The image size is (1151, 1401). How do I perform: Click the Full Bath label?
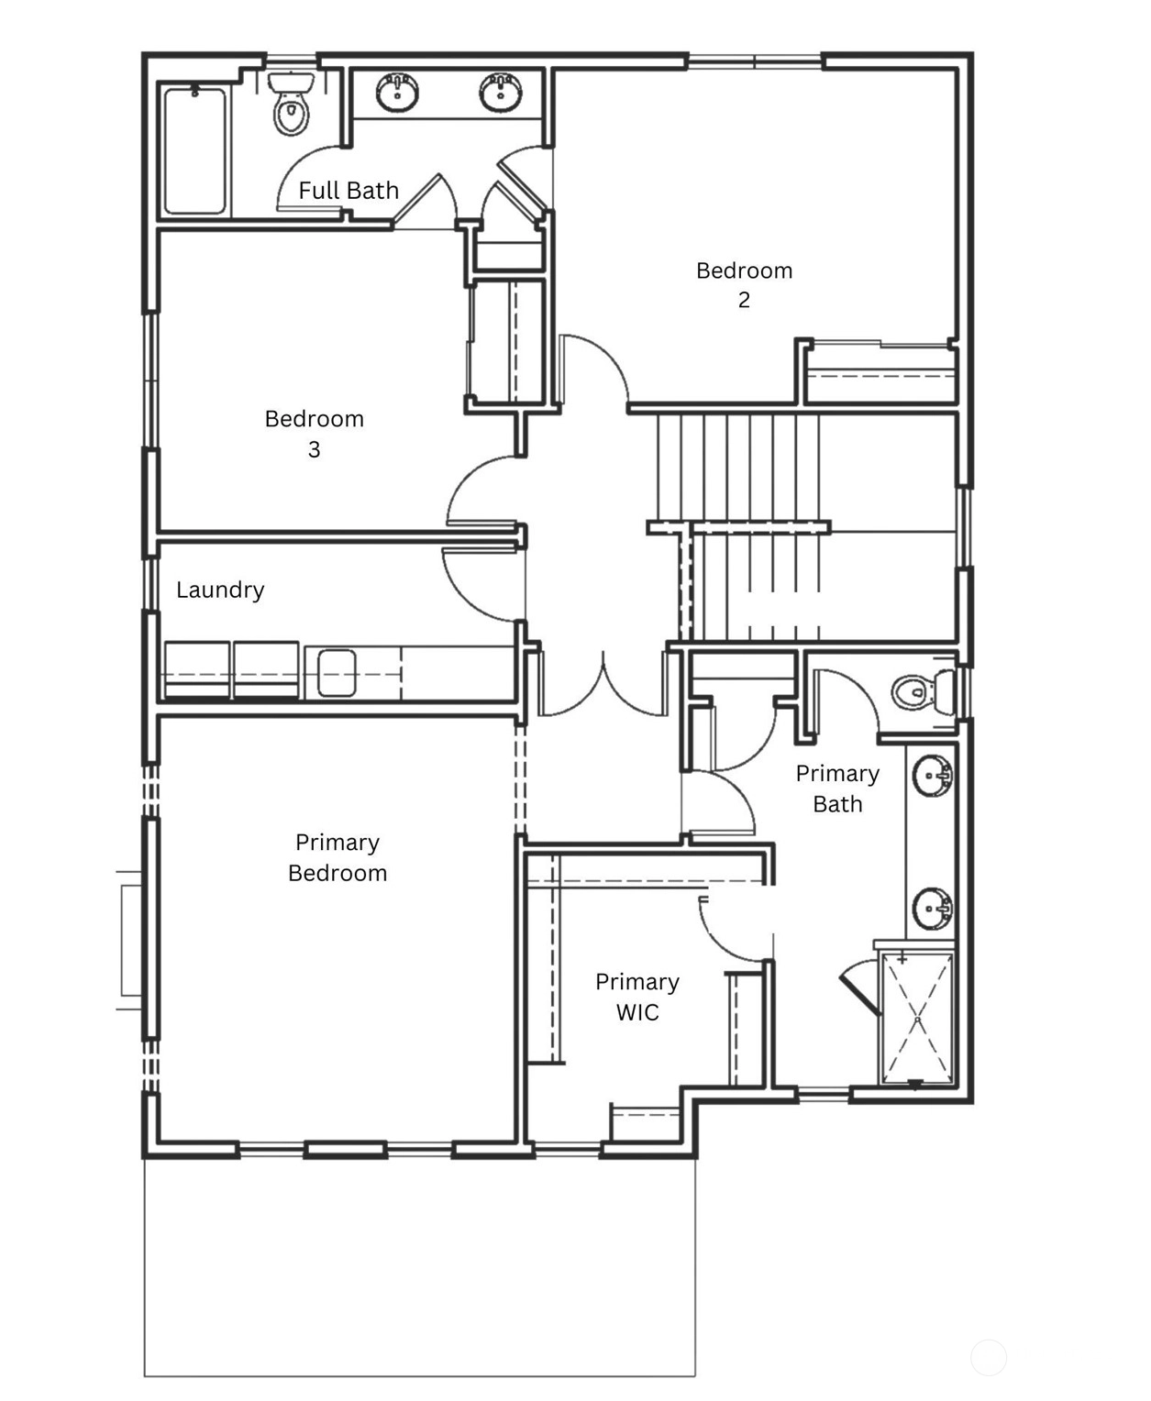pyautogui.click(x=349, y=191)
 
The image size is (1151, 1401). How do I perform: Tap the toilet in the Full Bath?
pyautogui.click(x=291, y=103)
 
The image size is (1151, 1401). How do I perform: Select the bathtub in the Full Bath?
pyautogui.click(x=194, y=150)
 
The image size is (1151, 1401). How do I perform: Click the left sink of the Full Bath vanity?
pyautogui.click(x=397, y=92)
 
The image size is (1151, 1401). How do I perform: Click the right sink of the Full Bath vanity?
pyautogui.click(x=501, y=92)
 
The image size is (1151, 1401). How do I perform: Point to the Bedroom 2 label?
pyautogui.click(x=745, y=285)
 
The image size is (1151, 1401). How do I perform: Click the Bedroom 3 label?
pyautogui.click(x=315, y=434)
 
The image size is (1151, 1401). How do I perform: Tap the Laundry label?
pyautogui.click(x=220, y=590)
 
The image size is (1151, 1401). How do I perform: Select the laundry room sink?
pyautogui.click(x=337, y=673)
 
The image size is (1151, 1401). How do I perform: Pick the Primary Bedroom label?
pyautogui.click(x=338, y=857)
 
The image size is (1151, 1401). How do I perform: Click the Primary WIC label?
pyautogui.click(x=637, y=997)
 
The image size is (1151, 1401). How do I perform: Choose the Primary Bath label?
pyautogui.click(x=837, y=789)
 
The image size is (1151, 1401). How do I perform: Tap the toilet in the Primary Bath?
pyautogui.click(x=924, y=692)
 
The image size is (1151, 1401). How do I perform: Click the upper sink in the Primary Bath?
pyautogui.click(x=933, y=775)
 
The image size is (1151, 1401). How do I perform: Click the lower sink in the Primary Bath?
pyautogui.click(x=933, y=908)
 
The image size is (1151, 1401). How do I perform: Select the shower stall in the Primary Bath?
pyautogui.click(x=916, y=1020)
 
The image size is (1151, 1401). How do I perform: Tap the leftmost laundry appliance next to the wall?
pyautogui.click(x=196, y=670)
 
